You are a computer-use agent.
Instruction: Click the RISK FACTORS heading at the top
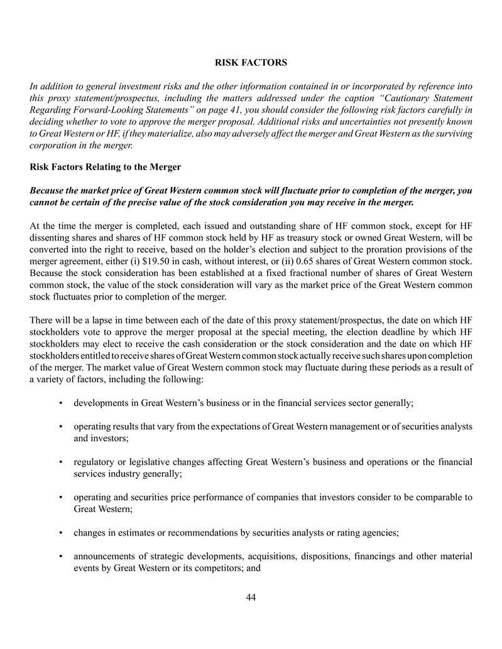[x=251, y=63]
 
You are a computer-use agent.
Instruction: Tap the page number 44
[x=251, y=597]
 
